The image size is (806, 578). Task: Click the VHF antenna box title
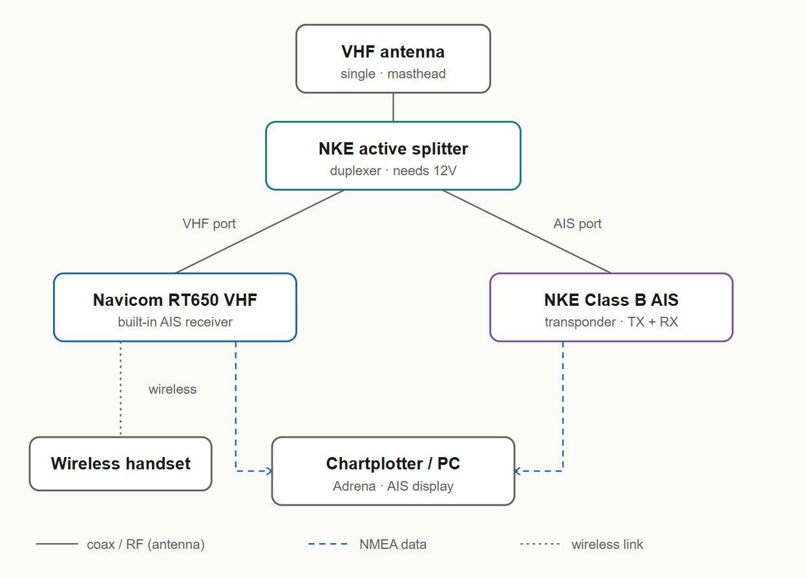point(393,52)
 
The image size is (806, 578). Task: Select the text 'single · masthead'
point(393,74)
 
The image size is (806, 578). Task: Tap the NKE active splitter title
point(393,149)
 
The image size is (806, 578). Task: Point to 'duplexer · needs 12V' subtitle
point(393,171)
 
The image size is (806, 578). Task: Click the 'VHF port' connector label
point(209,224)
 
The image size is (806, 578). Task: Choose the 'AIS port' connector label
point(577,224)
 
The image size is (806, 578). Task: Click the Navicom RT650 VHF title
point(175,300)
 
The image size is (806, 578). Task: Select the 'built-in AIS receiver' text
point(175,322)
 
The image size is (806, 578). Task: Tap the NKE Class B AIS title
point(611,300)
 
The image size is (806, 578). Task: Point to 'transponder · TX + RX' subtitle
point(611,322)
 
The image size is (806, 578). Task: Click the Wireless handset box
point(120,464)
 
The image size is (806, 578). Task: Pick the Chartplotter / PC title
point(393,464)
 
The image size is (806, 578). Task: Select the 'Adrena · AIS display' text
point(393,486)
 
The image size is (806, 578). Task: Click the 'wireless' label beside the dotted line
point(173,389)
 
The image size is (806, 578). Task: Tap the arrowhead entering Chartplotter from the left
point(269,471)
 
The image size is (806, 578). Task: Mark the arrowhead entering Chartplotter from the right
point(518,471)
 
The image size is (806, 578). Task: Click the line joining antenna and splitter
point(393,107)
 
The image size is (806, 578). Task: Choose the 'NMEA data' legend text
point(393,544)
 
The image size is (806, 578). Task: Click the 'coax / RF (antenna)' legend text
point(145,544)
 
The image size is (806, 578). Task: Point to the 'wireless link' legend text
point(607,544)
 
